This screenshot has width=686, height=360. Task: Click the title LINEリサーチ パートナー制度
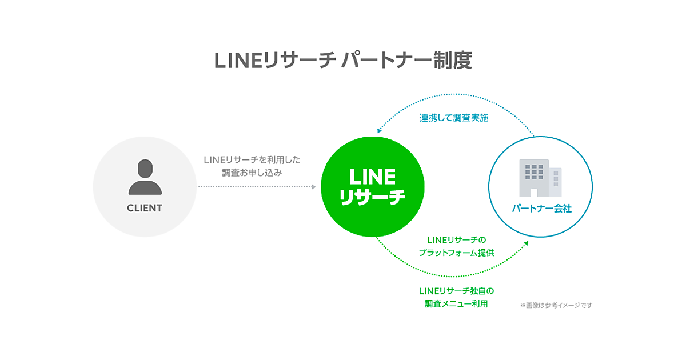coord(343,61)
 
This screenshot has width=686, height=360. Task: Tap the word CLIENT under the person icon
coord(144,208)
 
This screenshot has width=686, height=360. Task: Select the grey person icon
coord(145,178)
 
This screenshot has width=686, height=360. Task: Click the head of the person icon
coord(145,168)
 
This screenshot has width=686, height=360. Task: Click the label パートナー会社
coord(541,209)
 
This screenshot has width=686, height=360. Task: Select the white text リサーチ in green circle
coord(372,197)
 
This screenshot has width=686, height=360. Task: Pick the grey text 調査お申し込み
coord(252,173)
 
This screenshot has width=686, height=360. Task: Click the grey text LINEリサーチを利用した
coord(252,160)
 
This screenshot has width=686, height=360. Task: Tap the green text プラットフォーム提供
coord(456,253)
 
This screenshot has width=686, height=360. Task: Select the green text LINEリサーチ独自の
coord(456,291)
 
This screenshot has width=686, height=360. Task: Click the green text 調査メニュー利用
coord(456,304)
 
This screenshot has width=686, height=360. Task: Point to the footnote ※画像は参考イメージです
coord(556,305)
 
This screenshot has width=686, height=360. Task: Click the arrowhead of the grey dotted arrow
coord(313,187)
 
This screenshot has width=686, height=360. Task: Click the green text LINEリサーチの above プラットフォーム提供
coord(456,239)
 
